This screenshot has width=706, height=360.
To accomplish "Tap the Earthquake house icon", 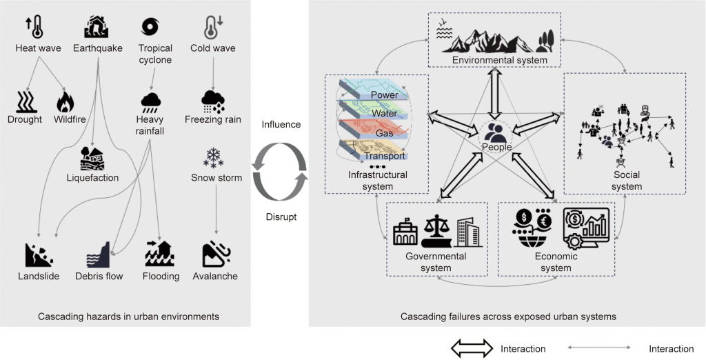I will pyautogui.click(x=97, y=27).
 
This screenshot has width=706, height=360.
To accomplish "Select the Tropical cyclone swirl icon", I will pyautogui.click(x=150, y=26).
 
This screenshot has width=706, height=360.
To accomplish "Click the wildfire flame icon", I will pyautogui.click(x=65, y=102).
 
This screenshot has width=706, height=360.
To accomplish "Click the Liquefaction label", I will pyautogui.click(x=93, y=178).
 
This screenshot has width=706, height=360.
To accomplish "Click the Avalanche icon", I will pyautogui.click(x=216, y=254).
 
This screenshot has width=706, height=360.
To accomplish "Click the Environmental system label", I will pyautogui.click(x=499, y=61).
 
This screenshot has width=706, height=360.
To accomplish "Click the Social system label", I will pyautogui.click(x=626, y=181).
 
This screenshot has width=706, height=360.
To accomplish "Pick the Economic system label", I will pyautogui.click(x=556, y=262).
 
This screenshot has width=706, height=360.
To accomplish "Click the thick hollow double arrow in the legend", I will pyautogui.click(x=472, y=348).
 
